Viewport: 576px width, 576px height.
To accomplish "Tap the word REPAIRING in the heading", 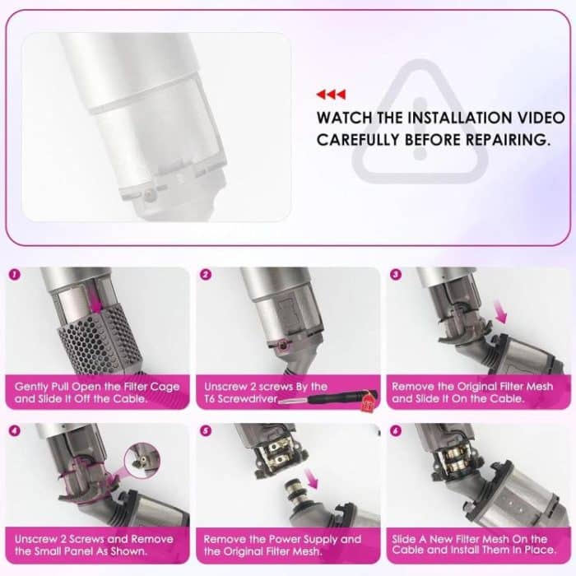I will click(x=501, y=140).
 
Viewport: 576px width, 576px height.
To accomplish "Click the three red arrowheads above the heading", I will click(x=331, y=94).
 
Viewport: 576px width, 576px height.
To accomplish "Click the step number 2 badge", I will click(x=205, y=275).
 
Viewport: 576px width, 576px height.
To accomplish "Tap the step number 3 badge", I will click(x=397, y=275).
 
